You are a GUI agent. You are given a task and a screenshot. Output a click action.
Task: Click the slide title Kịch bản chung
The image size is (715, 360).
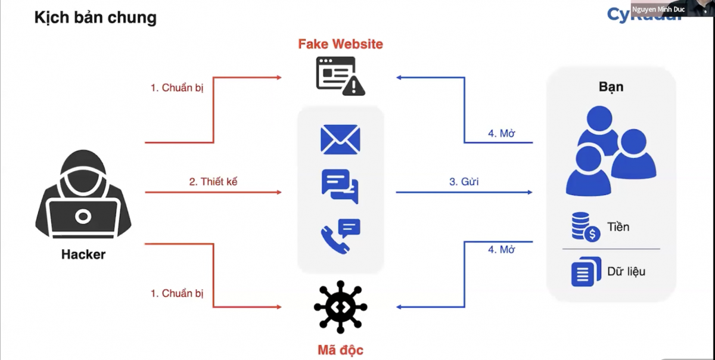[95, 17]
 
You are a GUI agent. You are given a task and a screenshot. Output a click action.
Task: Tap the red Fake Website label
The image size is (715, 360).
[340, 44]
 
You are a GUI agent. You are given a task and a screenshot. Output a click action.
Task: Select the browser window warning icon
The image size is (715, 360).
[340, 76]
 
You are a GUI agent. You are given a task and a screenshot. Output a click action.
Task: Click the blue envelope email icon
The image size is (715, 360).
[340, 139]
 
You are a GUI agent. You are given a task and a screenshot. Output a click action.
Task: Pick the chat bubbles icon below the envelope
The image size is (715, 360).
[340, 185]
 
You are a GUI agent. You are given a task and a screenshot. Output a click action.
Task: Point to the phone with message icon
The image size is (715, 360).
[340, 236]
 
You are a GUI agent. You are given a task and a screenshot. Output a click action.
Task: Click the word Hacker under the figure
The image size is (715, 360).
[83, 255]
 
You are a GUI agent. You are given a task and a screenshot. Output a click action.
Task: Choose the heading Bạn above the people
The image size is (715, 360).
[611, 86]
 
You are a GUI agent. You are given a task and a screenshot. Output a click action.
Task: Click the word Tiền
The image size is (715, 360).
[618, 227]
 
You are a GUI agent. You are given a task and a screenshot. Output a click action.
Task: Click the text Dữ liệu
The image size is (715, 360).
[626, 272]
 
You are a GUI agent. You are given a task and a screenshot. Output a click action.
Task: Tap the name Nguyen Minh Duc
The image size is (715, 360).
[658, 10]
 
